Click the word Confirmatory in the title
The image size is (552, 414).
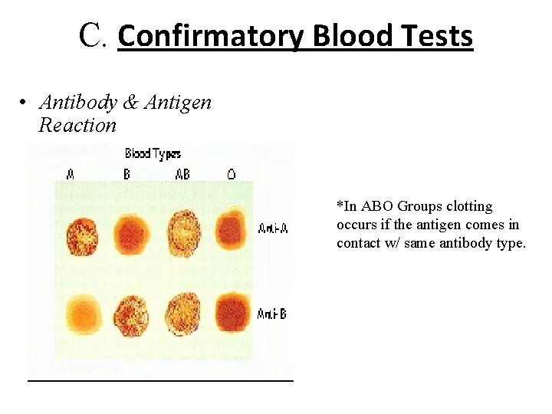(212, 36)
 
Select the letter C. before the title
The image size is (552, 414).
(95, 35)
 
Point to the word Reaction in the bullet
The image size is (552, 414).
(77, 125)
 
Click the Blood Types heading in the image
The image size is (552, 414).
(153, 154)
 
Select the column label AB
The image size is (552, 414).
(182, 175)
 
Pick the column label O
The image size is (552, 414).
(231, 175)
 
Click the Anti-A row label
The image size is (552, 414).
(273, 229)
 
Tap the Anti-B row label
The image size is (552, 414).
(272, 314)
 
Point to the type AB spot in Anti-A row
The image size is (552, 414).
(184, 232)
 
